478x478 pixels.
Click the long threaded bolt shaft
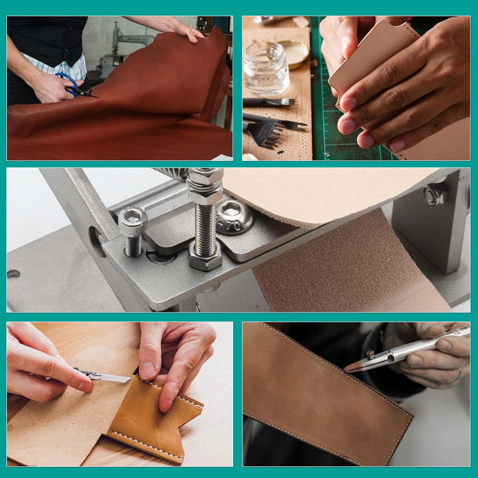[x=204, y=223]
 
